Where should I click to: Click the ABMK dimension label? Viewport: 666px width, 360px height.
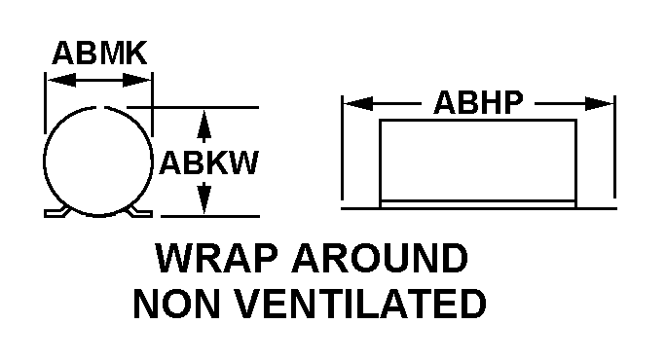point(99,54)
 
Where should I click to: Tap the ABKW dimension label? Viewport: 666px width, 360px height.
point(208,162)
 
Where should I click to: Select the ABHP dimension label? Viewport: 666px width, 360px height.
point(478,103)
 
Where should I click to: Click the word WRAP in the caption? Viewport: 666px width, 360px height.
point(216,258)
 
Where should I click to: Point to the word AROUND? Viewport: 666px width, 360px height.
point(380,258)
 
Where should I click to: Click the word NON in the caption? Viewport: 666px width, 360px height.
point(176,304)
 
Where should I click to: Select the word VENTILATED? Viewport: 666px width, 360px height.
point(360,304)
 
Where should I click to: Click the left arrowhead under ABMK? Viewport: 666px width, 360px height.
point(61,80)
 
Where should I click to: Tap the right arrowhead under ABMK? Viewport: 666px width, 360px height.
point(136,80)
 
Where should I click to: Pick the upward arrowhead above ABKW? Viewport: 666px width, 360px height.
point(204,126)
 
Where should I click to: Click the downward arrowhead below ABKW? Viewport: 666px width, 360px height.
point(204,198)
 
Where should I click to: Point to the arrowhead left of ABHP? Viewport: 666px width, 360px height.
point(358,103)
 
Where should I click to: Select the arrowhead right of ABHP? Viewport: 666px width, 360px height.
point(600,103)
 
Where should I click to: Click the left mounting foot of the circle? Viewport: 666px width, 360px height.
point(55,212)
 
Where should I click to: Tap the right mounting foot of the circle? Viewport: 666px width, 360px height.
point(140,212)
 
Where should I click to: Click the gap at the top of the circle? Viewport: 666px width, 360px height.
point(100,107)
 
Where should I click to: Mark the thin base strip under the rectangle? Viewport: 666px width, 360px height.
point(478,204)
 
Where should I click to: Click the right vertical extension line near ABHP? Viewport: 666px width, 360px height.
point(614,147)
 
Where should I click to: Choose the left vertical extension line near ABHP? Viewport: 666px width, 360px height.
point(343,147)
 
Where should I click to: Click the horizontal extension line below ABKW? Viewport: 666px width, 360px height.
point(210,217)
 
